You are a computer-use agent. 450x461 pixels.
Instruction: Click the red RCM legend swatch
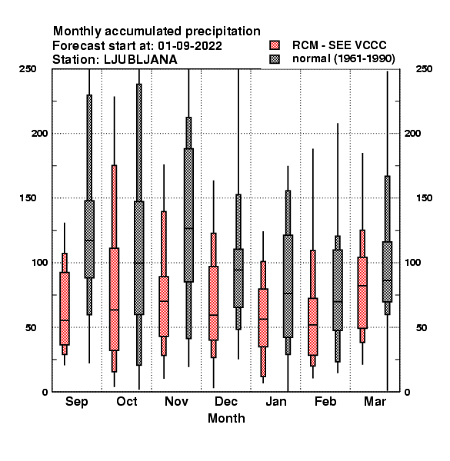pyautogui.click(x=275, y=45)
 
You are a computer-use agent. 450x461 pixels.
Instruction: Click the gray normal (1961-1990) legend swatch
pyautogui.click(x=275, y=59)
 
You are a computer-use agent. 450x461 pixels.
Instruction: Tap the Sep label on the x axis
pyautogui.click(x=76, y=402)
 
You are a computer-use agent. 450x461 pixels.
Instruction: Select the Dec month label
pyautogui.click(x=226, y=401)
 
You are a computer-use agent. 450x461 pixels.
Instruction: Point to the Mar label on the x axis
pyautogui.click(x=375, y=401)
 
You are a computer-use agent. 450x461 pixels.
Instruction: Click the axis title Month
pyautogui.click(x=226, y=418)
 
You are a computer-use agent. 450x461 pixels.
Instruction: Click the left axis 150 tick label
pyautogui.click(x=28, y=198)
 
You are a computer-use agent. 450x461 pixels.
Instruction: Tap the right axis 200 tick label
pyautogui.click(x=412, y=133)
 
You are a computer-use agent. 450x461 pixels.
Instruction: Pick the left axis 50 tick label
pyautogui.click(x=31, y=327)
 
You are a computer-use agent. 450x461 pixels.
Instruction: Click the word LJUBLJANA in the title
pyautogui.click(x=141, y=60)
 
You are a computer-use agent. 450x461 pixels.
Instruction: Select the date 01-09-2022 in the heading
pyautogui.click(x=190, y=46)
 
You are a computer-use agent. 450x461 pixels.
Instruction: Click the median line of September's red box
pyautogui.click(x=65, y=320)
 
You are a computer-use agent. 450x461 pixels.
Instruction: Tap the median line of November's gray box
pyautogui.click(x=188, y=228)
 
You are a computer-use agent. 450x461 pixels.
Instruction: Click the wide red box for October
pyautogui.click(x=114, y=300)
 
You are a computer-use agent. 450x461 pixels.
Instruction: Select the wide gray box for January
pyautogui.click(x=288, y=286)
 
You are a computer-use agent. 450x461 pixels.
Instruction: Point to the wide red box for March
pyautogui.click(x=362, y=293)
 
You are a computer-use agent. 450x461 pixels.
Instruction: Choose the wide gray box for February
pyautogui.click(x=338, y=290)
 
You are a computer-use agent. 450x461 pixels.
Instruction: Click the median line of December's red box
pyautogui.click(x=213, y=315)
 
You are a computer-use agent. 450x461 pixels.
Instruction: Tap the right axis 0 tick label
pyautogui.click(x=407, y=392)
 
